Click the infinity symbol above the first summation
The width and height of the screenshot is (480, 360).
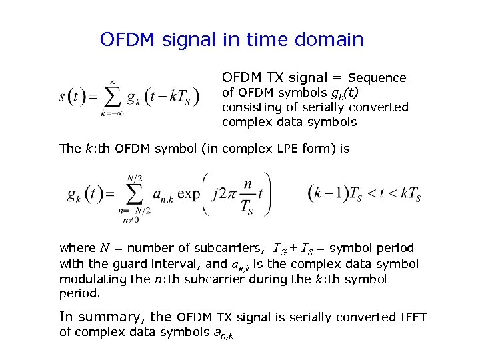(113, 81)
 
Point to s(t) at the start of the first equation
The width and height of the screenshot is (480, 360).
(73, 97)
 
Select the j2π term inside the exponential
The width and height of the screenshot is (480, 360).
(226, 195)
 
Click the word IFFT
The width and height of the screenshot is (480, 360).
(413, 317)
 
